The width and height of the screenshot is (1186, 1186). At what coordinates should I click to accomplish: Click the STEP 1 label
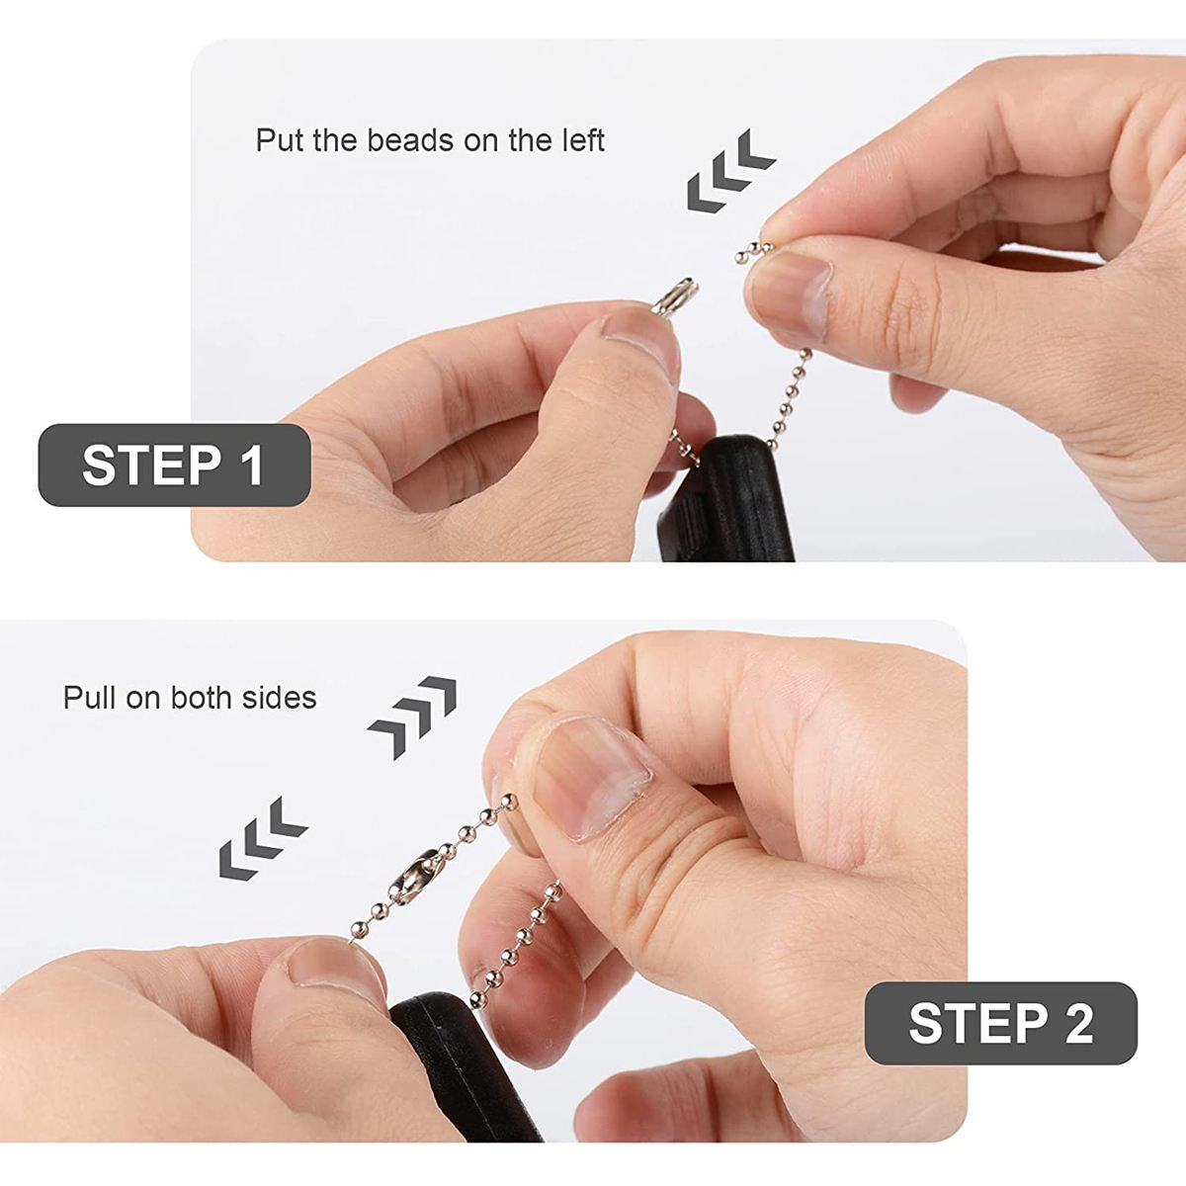point(174,466)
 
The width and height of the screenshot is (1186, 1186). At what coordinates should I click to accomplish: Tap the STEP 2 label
point(1000,1023)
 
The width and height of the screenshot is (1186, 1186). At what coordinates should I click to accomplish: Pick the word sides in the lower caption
point(283,698)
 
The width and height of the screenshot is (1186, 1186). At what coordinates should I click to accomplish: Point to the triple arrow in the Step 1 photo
point(730,169)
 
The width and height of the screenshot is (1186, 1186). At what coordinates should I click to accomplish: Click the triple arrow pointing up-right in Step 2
point(412,718)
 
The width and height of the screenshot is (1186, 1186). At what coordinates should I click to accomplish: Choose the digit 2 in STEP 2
point(1078,1023)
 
